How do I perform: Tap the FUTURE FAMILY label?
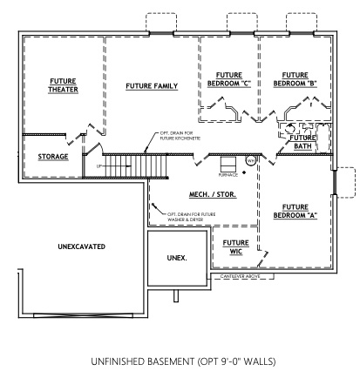152,86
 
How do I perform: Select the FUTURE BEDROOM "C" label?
228,79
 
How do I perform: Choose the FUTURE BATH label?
302,142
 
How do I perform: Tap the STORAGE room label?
53,157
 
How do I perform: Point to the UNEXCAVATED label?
77,246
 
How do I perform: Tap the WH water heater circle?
250,160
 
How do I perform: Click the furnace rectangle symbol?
228,163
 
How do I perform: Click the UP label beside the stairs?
99,165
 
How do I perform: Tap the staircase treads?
135,164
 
